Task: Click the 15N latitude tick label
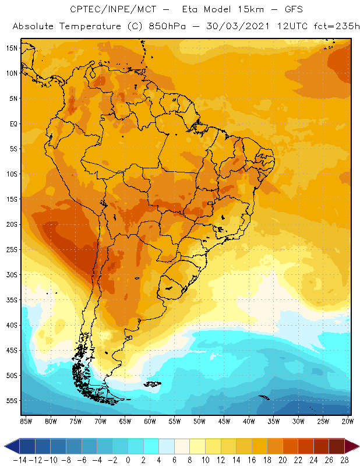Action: [x=12, y=48]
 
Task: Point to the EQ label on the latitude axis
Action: [x=13, y=123]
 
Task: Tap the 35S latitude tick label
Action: [x=12, y=300]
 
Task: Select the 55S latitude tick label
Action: [x=12, y=401]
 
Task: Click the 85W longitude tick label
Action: [x=26, y=421]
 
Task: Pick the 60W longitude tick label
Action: [x=150, y=421]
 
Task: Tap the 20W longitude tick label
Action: [x=348, y=421]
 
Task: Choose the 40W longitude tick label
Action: [x=249, y=421]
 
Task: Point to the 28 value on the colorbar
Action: [x=345, y=460]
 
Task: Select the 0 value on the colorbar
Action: [x=128, y=460]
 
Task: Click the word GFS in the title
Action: [x=291, y=10]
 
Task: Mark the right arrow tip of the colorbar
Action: [x=357, y=446]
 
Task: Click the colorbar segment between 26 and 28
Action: [x=337, y=446]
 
